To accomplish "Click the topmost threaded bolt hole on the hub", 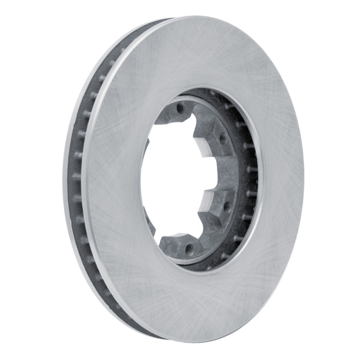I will (x=180, y=108).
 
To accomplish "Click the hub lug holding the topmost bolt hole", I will (x=178, y=112).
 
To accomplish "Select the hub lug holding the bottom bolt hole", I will (x=180, y=245).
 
